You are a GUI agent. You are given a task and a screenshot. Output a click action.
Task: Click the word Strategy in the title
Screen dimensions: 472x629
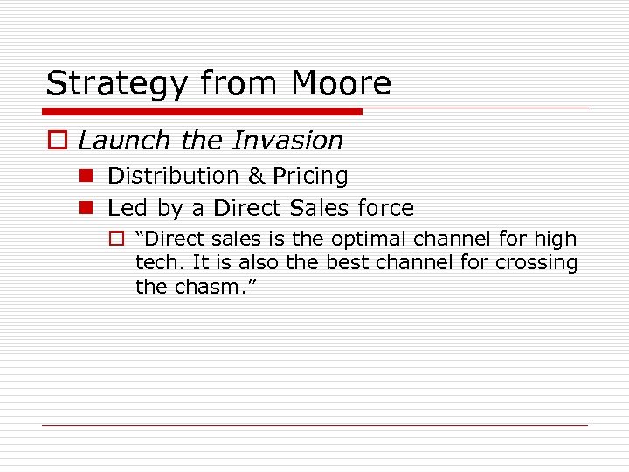118,84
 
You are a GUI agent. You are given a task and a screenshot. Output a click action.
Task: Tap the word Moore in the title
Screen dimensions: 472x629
342,83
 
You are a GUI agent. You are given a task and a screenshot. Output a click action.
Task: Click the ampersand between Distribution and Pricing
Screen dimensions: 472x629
256,176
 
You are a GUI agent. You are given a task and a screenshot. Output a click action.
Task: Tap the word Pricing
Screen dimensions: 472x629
310,177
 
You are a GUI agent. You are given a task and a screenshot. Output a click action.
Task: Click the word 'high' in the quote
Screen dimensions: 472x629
556,239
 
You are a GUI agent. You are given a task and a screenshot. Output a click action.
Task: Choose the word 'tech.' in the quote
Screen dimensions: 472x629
157,263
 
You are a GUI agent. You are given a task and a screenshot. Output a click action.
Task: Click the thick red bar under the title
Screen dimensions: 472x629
203,112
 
